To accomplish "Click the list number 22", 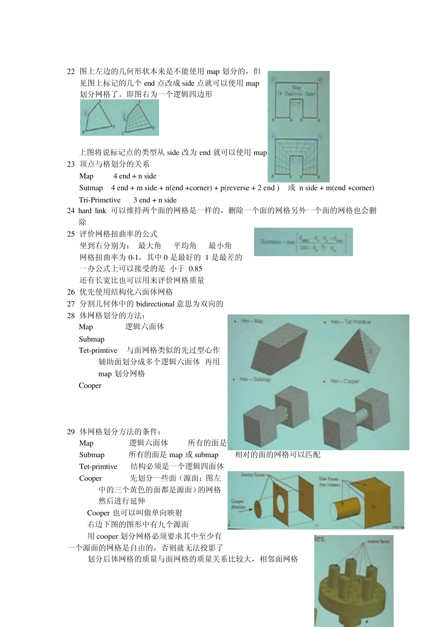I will (71, 71).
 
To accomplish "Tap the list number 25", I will (71, 234).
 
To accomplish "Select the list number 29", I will (71, 432).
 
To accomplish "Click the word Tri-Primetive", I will (100, 200).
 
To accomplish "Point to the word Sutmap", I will (91, 188).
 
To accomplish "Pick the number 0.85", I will (195, 269).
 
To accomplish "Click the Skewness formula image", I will (303, 242).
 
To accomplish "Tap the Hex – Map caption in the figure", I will (252, 321).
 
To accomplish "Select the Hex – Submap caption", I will (255, 379).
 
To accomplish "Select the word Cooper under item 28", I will (90, 385).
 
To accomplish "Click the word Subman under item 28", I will (91, 339).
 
